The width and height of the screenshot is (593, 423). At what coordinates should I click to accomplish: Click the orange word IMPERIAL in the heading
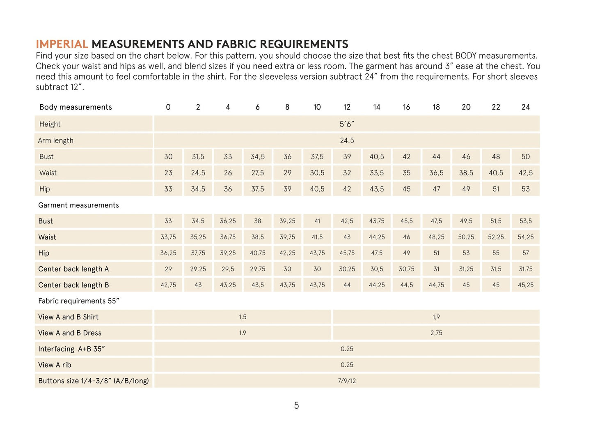pos(62,44)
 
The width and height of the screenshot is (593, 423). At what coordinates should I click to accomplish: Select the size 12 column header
pos(347,107)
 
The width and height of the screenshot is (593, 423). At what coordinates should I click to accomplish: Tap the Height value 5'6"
pos(347,124)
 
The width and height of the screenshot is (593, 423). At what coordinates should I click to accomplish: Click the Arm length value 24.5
pos(347,140)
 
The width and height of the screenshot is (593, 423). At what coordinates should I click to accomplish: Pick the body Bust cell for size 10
pos(317,156)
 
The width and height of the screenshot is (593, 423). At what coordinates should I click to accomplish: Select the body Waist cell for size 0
pos(168,173)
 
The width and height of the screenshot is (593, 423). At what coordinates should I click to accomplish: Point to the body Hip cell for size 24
pos(525,189)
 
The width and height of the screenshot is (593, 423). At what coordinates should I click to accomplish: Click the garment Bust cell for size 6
pos(257,221)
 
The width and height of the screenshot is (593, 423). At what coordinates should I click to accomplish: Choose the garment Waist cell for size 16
pos(406,237)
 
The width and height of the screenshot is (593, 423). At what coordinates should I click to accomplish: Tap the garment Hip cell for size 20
pos(466,253)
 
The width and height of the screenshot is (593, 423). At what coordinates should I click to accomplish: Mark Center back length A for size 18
pos(436,269)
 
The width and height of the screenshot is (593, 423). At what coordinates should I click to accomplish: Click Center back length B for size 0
pos(168,285)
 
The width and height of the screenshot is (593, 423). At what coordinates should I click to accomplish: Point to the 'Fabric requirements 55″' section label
pos(78,301)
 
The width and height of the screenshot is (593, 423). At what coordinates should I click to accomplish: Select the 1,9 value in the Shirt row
pos(436,317)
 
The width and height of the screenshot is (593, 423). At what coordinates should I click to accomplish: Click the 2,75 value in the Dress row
pos(436,333)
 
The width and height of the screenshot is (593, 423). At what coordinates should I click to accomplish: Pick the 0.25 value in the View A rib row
pos(347,365)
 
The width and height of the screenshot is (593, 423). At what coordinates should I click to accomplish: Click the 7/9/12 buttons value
pos(347,381)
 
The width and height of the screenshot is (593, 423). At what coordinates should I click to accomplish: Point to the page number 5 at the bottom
pos(296,406)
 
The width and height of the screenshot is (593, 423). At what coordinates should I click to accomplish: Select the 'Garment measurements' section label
pos(78,205)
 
